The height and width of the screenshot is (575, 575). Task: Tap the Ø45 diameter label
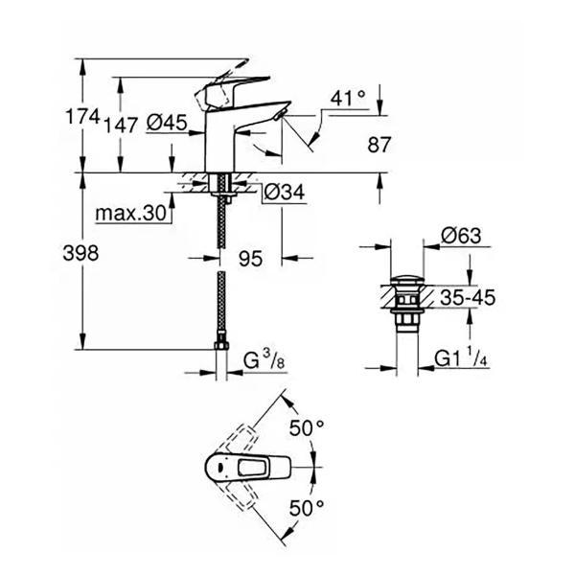click(x=167, y=122)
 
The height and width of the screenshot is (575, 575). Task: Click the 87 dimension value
click(x=379, y=145)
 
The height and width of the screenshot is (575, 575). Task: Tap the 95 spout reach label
click(x=250, y=257)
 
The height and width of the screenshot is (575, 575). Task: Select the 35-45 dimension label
click(x=464, y=298)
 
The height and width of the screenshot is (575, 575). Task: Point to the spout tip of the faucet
click(x=279, y=117)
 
